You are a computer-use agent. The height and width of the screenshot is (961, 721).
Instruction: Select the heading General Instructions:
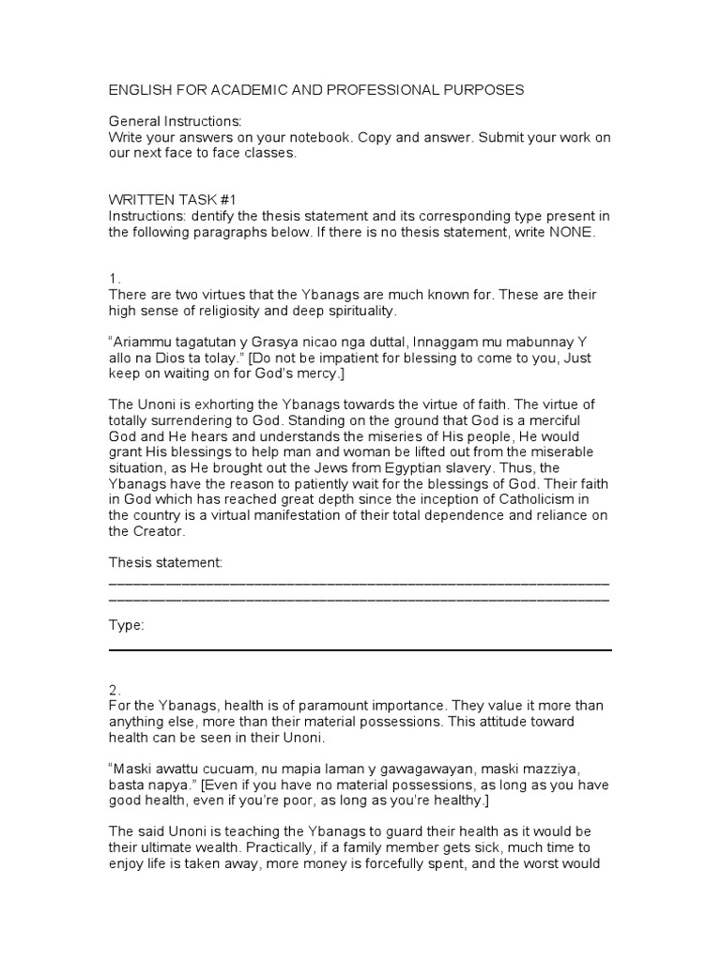[x=175, y=122]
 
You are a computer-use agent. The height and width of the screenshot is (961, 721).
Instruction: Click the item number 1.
[x=115, y=279]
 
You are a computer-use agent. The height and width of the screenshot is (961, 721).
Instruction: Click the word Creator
[x=161, y=531]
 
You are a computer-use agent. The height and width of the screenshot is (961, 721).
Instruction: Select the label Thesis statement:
[x=166, y=562]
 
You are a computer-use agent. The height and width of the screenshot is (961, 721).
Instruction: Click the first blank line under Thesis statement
[x=360, y=584]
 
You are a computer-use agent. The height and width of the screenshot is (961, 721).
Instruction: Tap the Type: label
[x=127, y=625]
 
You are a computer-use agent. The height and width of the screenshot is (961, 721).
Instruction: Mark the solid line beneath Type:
[x=360, y=649]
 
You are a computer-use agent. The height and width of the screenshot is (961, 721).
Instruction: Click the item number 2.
[x=115, y=689]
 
